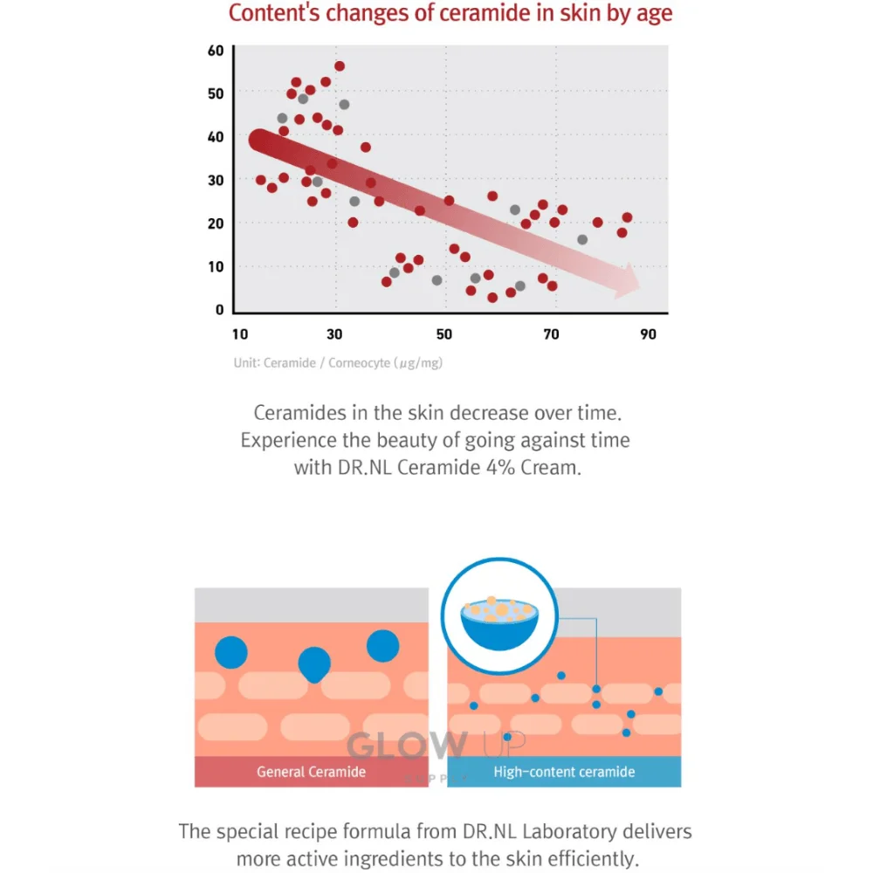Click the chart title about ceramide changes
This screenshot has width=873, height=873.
tap(450, 14)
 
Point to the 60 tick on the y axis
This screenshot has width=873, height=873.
tap(216, 51)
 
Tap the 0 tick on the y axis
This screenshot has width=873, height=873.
tap(219, 310)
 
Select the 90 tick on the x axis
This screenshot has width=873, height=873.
tap(648, 334)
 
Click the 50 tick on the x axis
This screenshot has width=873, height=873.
tap(444, 334)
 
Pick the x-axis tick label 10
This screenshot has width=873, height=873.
tap(240, 334)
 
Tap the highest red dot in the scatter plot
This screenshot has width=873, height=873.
tap(340, 66)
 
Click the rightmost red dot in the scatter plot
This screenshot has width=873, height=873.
tap(627, 217)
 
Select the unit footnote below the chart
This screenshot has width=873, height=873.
tap(338, 362)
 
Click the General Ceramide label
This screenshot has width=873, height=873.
tap(311, 772)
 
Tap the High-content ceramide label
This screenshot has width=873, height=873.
tap(564, 772)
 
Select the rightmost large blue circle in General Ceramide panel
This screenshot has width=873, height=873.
tap(382, 645)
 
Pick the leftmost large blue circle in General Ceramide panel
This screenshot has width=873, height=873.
tap(231, 652)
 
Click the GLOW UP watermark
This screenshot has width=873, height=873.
tap(436, 746)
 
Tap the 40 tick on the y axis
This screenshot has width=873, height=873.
tap(216, 137)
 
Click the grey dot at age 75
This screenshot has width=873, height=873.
tap(582, 239)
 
